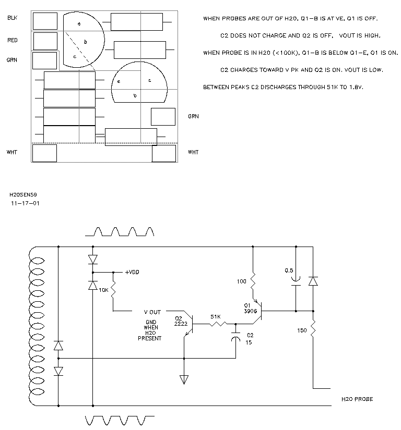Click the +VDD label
pos(132,272)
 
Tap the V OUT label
pos(152,312)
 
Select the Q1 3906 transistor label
pos(250,308)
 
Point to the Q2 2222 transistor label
pos(181,321)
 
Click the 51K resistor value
pos(215,317)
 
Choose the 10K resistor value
pos(103,290)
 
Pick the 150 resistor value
pos(302,330)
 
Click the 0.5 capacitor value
pos(289,271)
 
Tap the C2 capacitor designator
pos(250,335)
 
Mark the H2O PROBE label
pos(357,399)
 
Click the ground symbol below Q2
pos(184,380)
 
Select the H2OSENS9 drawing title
pos(23,195)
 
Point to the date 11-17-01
pos(25,203)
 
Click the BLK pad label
pos(13,18)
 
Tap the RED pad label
pos(13,40)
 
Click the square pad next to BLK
pos(45,21)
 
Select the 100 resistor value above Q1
pos(241,281)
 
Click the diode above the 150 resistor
pos(313,281)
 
